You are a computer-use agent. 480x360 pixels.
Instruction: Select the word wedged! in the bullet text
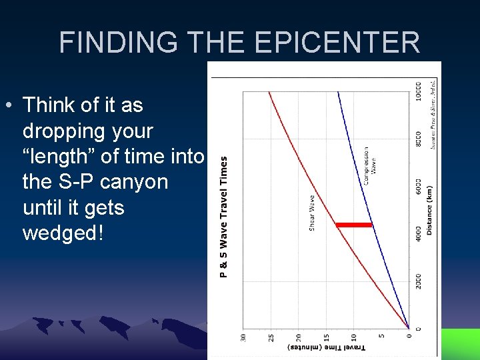(63, 233)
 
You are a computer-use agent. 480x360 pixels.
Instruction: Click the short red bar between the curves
(354, 225)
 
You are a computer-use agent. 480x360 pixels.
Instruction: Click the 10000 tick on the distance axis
(418, 91)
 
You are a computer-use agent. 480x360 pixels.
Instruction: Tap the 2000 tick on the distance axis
(418, 283)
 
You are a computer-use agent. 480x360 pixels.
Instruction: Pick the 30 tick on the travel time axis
(243, 338)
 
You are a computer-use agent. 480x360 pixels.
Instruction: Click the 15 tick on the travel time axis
(326, 338)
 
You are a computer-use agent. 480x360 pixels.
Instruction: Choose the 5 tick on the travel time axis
(381, 338)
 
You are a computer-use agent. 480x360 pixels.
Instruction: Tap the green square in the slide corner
(460, 343)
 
